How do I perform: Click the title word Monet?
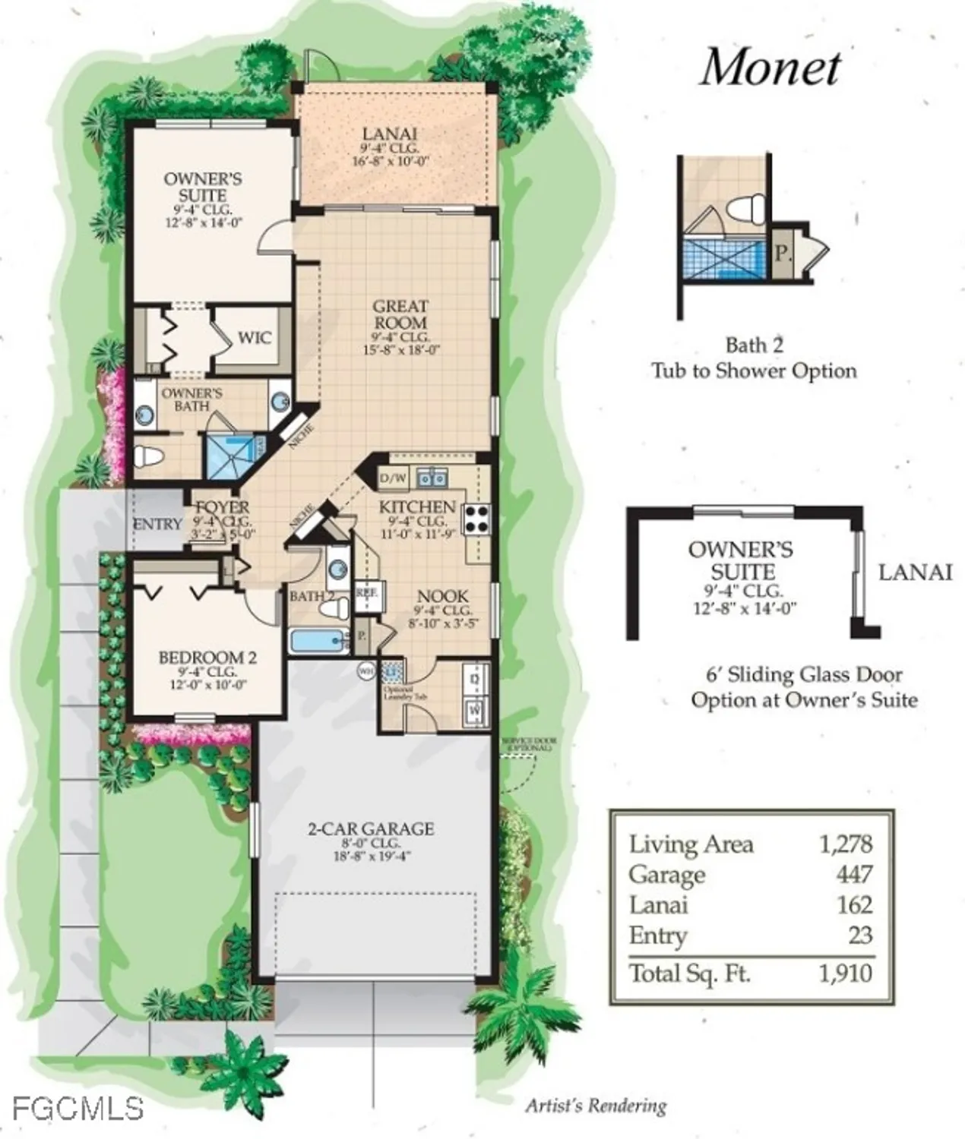(770, 68)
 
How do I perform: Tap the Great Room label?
(400, 314)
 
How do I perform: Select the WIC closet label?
(254, 337)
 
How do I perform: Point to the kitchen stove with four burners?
(477, 520)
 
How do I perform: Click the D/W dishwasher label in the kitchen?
(393, 478)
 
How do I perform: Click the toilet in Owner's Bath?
(149, 456)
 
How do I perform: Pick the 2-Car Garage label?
(371, 828)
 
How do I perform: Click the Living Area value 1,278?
(846, 844)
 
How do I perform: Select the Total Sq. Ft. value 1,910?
(845, 973)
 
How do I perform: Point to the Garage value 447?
(854, 875)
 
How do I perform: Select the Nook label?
(442, 597)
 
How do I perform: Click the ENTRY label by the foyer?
(157, 524)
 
